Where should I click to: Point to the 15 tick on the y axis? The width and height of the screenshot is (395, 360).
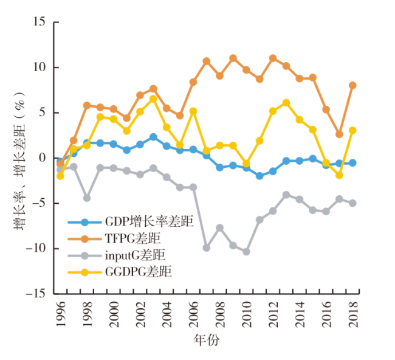pos(41,22)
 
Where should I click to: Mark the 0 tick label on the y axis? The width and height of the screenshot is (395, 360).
pos(44,158)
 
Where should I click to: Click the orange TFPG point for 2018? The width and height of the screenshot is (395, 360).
pos(352,85)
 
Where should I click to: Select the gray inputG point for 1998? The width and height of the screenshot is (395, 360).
pos(87,198)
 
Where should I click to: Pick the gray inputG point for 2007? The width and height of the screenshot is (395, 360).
pos(207,248)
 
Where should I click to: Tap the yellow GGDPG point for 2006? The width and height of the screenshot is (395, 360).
pos(193,111)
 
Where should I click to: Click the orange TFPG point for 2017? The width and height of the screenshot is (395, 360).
pos(339,134)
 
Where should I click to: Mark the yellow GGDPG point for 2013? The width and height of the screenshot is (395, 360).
pos(286,103)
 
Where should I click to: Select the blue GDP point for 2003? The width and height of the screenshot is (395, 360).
pos(153,137)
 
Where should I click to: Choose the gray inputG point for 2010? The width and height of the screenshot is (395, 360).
pos(246,252)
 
